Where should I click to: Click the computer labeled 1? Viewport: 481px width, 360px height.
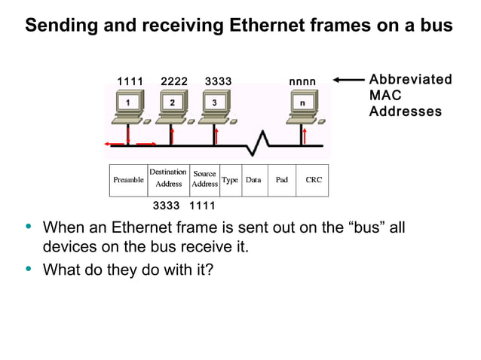pos(130,105)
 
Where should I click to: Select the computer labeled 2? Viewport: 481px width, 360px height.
pos(173,105)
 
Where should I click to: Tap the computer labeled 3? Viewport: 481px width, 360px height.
pos(216,105)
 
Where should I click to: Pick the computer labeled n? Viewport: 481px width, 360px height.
pos(304,105)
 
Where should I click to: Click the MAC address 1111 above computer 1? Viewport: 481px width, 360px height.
pos(130,81)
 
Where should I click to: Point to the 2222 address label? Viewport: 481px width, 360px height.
pos(174,81)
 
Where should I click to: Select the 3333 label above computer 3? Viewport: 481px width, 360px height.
pos(218,81)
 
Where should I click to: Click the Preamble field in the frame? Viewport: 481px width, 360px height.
pos(128,181)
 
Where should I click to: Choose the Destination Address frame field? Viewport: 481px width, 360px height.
pos(167,178)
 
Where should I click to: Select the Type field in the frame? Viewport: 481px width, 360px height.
pos(230,181)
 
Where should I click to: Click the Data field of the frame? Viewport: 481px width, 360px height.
pos(253,181)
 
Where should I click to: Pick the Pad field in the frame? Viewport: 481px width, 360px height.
pos(281,181)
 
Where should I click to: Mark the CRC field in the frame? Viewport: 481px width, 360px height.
pos(313,181)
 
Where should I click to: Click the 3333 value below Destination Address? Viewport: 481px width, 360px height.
pos(166,206)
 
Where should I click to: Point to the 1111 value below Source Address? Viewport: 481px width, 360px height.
pos(202,206)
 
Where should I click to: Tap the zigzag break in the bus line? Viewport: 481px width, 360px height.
pos(261,142)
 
